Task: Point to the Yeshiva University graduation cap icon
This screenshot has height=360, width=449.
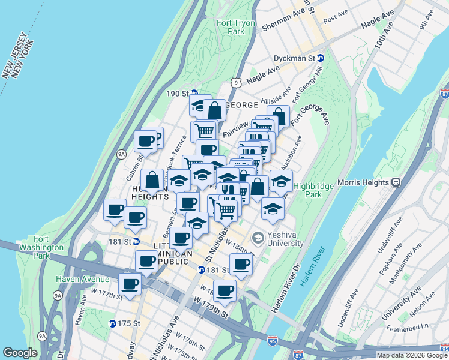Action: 258,238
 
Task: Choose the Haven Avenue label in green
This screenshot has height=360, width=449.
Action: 83,279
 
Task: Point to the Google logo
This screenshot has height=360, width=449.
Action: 20,353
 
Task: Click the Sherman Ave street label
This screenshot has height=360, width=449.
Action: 283,19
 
